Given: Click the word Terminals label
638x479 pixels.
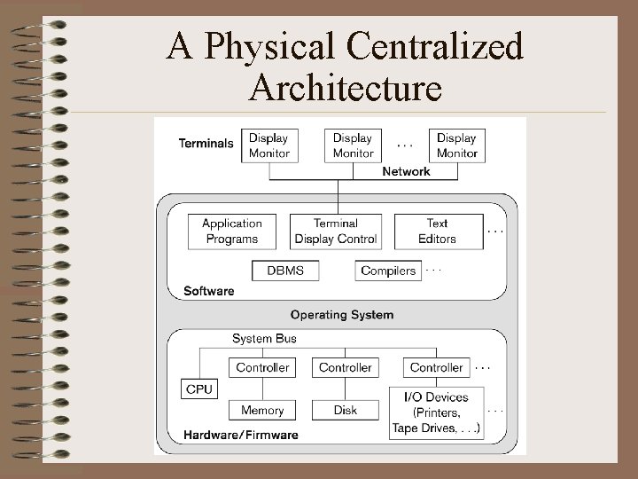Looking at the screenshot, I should pyautogui.click(x=206, y=143).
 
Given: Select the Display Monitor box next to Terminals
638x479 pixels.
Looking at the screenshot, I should pyautogui.click(x=269, y=145).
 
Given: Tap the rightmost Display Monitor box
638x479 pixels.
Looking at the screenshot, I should pyautogui.click(x=457, y=145).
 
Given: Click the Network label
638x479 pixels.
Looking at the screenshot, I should pyautogui.click(x=406, y=171).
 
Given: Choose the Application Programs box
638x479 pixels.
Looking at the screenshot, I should pyautogui.click(x=232, y=232).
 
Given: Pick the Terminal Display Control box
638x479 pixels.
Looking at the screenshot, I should pyautogui.click(x=336, y=232).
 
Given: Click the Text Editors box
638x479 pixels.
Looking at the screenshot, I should pyautogui.click(x=438, y=232).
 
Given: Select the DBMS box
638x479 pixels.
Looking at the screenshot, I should pyautogui.click(x=285, y=271).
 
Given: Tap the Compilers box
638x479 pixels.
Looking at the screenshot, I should pyautogui.click(x=388, y=271).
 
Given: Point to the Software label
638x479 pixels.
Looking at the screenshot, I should pyautogui.click(x=209, y=290).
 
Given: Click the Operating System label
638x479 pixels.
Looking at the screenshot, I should pyautogui.click(x=342, y=314).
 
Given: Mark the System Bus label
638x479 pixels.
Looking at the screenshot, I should pyautogui.click(x=264, y=338).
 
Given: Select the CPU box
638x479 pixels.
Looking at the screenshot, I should pyautogui.click(x=199, y=389).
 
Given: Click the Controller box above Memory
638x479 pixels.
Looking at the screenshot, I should pyautogui.click(x=262, y=367).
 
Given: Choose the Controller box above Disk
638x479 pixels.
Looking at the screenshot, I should pyautogui.click(x=346, y=367).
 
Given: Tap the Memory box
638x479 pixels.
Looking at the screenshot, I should pyautogui.click(x=262, y=410).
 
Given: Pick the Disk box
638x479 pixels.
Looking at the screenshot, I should pyautogui.click(x=346, y=410).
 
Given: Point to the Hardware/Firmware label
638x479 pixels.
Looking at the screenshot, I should pyautogui.click(x=241, y=435).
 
